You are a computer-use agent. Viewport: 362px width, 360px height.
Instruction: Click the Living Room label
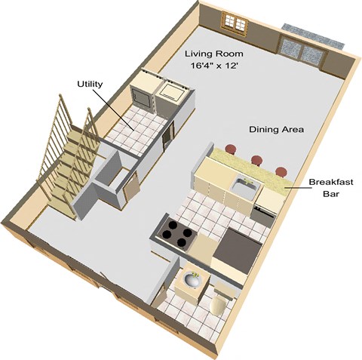[214, 54]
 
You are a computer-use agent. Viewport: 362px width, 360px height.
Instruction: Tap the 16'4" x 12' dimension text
[214, 66]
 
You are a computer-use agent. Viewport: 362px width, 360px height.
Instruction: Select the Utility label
[90, 85]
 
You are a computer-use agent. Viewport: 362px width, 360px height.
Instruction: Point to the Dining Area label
[276, 130]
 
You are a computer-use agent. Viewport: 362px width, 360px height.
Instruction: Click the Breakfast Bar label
[331, 187]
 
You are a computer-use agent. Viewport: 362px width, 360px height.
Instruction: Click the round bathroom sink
[192, 279]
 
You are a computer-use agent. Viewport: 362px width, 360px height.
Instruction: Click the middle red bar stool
[257, 160]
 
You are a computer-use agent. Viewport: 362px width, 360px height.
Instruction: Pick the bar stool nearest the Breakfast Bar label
[281, 172]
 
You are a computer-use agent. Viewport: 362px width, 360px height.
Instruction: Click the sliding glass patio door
[303, 50]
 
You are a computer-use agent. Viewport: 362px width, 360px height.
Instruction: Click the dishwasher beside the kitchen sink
[264, 215]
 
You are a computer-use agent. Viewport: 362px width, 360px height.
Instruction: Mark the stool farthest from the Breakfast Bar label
[231, 149]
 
